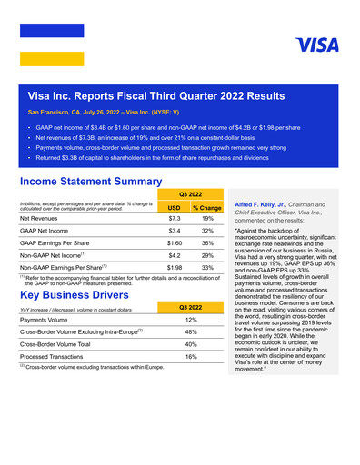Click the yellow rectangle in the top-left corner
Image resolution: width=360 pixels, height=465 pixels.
(x=51, y=59)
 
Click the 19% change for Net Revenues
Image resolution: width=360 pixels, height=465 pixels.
(x=207, y=219)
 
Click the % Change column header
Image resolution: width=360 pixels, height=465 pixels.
(x=207, y=207)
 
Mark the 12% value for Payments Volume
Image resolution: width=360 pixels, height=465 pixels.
(x=191, y=321)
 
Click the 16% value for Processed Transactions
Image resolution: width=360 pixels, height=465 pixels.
(x=191, y=358)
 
